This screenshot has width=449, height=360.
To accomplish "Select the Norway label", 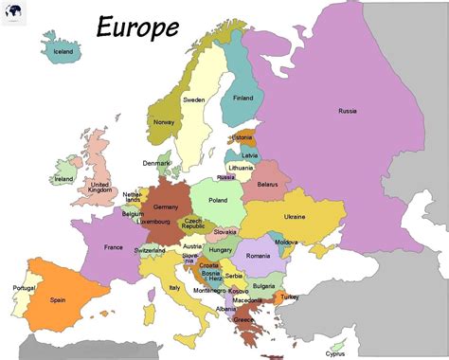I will point(164,122).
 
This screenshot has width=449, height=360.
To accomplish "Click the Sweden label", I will point(194,99).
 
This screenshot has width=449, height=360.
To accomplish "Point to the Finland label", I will point(243,98).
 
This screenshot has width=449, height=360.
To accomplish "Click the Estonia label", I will point(242,137).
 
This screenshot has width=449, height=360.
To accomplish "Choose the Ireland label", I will point(64,178).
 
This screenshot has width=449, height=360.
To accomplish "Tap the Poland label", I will point(218,201).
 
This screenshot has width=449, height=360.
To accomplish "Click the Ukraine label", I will point(296,217).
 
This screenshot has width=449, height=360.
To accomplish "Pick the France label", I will point(113,248).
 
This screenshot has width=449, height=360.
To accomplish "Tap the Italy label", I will point(174,287).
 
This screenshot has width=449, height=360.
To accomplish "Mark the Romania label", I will point(259,256).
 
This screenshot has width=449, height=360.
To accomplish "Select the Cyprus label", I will point(335,353).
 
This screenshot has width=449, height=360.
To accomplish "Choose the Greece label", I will point(244,319).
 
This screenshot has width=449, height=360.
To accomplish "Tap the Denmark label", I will point(156,163).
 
